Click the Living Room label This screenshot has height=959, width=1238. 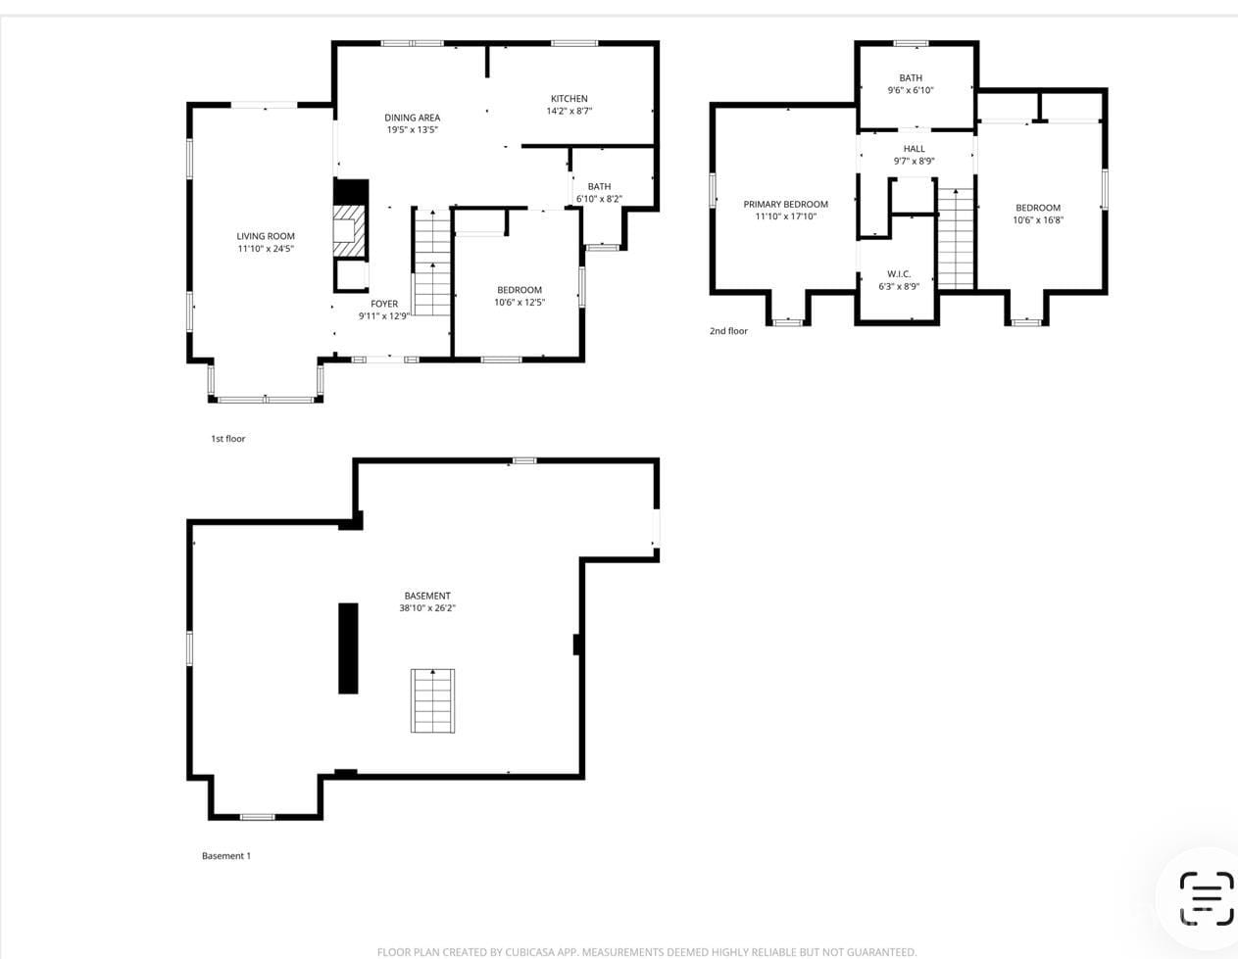pos(266,236)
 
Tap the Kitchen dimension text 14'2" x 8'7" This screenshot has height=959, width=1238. pos(569,111)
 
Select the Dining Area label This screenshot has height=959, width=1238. pos(412,118)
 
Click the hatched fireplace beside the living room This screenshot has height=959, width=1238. pos(350,231)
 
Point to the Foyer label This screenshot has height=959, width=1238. pos(384,304)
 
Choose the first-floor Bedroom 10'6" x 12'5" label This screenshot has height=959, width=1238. pos(520,290)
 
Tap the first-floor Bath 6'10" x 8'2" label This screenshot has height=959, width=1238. pos(599,186)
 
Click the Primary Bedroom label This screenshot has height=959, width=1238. pos(785,205)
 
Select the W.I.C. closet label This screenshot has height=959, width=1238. pos(899,274)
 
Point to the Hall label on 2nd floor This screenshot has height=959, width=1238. pos(914,149)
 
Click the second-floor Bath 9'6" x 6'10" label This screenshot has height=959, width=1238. pos(911,78)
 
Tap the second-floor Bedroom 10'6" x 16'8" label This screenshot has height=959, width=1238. pos(1038,208)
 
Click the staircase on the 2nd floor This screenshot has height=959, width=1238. pos(957,239)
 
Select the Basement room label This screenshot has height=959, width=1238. pos(427,596)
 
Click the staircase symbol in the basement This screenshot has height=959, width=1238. pos(432,700)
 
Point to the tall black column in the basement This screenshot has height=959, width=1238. pos(348,648)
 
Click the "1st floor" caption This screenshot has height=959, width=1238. pos(228,439)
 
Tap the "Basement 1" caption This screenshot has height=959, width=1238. pos(226,856)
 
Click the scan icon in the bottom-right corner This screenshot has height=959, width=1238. pos(1206,898)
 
